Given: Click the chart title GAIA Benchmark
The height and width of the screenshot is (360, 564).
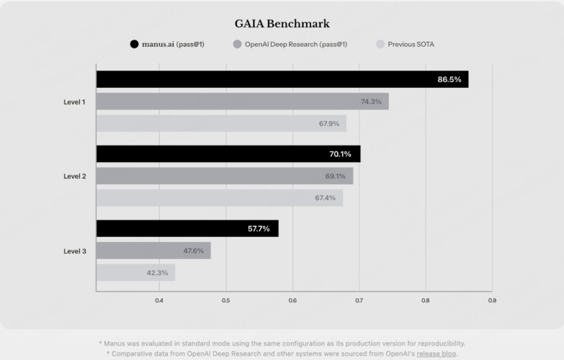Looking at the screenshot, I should [x=282, y=23].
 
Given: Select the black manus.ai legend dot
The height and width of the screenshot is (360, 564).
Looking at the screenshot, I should [x=134, y=45].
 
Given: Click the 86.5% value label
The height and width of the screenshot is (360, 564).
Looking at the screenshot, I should [x=449, y=79].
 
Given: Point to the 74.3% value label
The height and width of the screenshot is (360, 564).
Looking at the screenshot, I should [x=371, y=102].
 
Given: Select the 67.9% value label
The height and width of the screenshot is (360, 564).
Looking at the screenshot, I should [x=329, y=124].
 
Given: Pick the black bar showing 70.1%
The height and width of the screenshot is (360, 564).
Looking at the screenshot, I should [x=228, y=154].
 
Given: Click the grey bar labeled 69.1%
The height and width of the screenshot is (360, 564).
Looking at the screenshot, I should [x=224, y=176].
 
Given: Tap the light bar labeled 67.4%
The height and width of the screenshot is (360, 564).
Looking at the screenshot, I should [x=219, y=198].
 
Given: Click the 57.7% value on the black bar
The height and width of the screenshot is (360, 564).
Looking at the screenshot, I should [x=259, y=229].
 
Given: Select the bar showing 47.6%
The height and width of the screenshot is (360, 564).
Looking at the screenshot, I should [x=153, y=251].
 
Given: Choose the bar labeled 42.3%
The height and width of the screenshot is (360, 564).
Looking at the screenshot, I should [x=135, y=273].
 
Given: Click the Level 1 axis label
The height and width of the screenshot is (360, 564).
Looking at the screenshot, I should [x=74, y=102].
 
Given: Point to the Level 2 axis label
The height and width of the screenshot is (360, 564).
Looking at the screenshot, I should [x=74, y=176].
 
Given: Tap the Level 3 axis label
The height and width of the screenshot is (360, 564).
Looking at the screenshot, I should [x=74, y=251].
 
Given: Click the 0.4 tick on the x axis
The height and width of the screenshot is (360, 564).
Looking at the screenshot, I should [x=159, y=300].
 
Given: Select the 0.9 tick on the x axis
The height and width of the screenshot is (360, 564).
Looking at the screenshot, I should [x=492, y=300].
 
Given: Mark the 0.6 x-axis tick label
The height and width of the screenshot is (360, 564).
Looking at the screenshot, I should [x=292, y=300].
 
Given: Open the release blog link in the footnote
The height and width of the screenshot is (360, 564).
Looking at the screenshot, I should [x=436, y=354].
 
